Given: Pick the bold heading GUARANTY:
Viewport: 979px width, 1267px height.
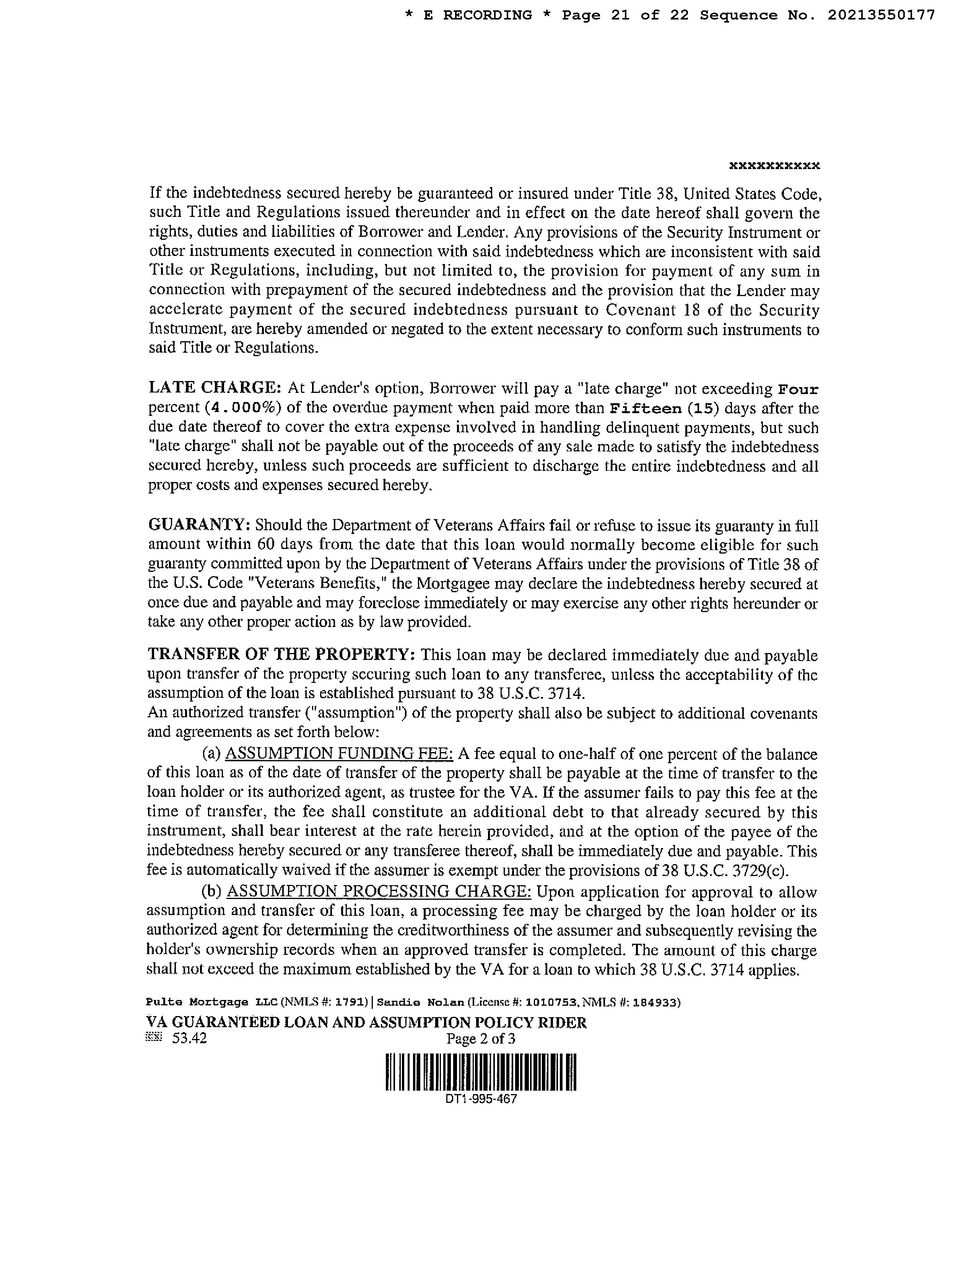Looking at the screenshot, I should [199, 525].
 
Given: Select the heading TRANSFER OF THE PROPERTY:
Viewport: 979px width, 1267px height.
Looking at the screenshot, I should [281, 655].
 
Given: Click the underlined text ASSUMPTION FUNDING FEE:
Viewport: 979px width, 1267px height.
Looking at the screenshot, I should [339, 754].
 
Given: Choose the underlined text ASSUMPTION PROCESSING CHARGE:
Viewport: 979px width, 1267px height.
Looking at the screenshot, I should [378, 892].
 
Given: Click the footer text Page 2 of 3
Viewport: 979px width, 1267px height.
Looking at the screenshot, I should [480, 1039].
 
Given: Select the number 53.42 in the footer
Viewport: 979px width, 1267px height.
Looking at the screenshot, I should [189, 1039].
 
